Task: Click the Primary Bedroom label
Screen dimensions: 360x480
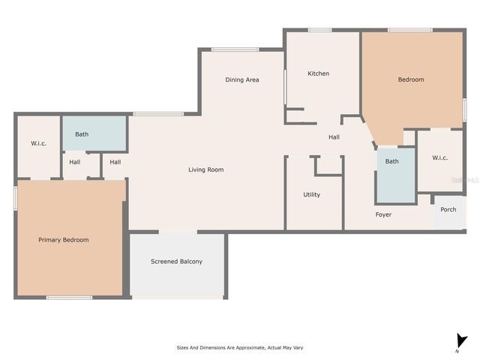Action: tap(64, 240)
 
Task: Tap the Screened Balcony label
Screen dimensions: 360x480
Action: tap(176, 262)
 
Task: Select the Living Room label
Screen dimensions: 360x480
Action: tap(205, 170)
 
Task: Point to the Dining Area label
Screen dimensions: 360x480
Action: tap(242, 79)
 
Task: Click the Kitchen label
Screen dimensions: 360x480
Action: tap(319, 73)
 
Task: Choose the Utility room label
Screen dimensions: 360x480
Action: tap(311, 195)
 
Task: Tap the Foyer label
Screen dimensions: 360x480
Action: tap(384, 215)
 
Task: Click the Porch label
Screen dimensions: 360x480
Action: tap(448, 210)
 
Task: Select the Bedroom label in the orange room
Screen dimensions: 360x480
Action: tap(411, 79)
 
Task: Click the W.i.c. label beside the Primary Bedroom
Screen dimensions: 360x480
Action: tap(39, 143)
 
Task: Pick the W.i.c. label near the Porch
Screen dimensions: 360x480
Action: tap(439, 157)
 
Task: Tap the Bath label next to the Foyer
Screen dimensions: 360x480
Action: tap(392, 161)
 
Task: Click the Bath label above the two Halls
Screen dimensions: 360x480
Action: tap(82, 135)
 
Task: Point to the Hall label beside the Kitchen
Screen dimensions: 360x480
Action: tap(334, 137)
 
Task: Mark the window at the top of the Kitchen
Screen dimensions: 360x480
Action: tap(319, 30)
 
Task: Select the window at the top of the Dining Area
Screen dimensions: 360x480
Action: tap(235, 49)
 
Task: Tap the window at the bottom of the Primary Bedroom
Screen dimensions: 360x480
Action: tap(69, 298)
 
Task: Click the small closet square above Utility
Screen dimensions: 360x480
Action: tap(328, 165)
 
